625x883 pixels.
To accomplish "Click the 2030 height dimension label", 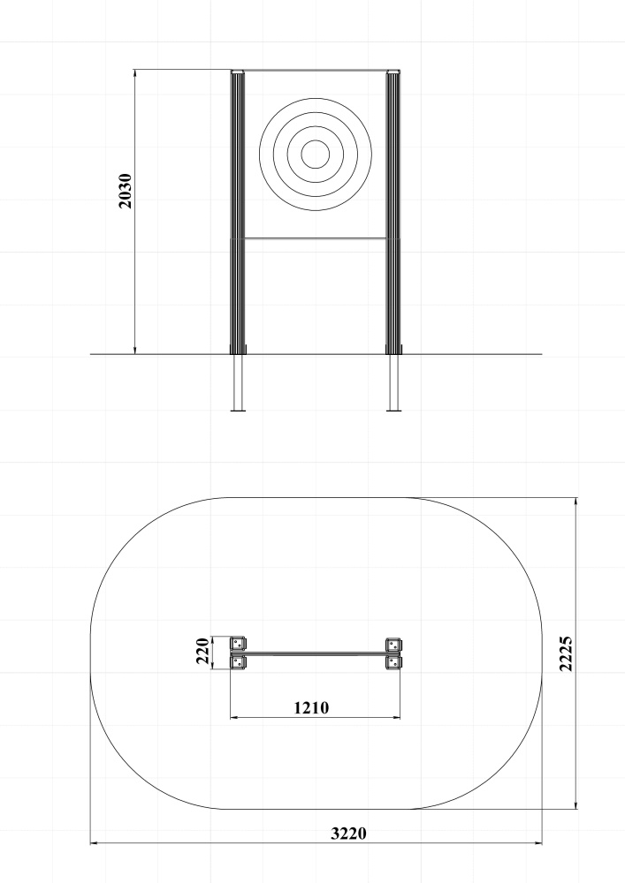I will pyautogui.click(x=126, y=191).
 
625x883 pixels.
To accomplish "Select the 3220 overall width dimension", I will pyautogui.click(x=348, y=833).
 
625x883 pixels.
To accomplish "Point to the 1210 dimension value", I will pyautogui.click(x=312, y=707).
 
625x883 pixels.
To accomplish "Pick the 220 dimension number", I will pyautogui.click(x=202, y=651).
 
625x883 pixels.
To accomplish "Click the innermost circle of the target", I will pyautogui.click(x=316, y=154).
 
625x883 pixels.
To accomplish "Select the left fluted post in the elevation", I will pyautogui.click(x=238, y=212).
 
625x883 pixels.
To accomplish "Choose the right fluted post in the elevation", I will pyautogui.click(x=393, y=212).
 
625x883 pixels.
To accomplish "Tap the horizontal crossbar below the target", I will pyautogui.click(x=316, y=238).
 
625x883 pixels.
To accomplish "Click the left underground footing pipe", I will pyautogui.click(x=238, y=382).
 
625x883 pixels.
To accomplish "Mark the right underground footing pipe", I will pyautogui.click(x=394, y=382).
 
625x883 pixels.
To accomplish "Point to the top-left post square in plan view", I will pyautogui.click(x=238, y=644).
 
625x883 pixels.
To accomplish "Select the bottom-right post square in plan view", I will pyautogui.click(x=393, y=661).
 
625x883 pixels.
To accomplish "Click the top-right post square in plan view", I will pyautogui.click(x=393, y=644).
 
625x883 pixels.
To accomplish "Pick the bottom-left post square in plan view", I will pyautogui.click(x=238, y=661).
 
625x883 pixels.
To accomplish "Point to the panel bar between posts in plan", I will pyautogui.click(x=316, y=653).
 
